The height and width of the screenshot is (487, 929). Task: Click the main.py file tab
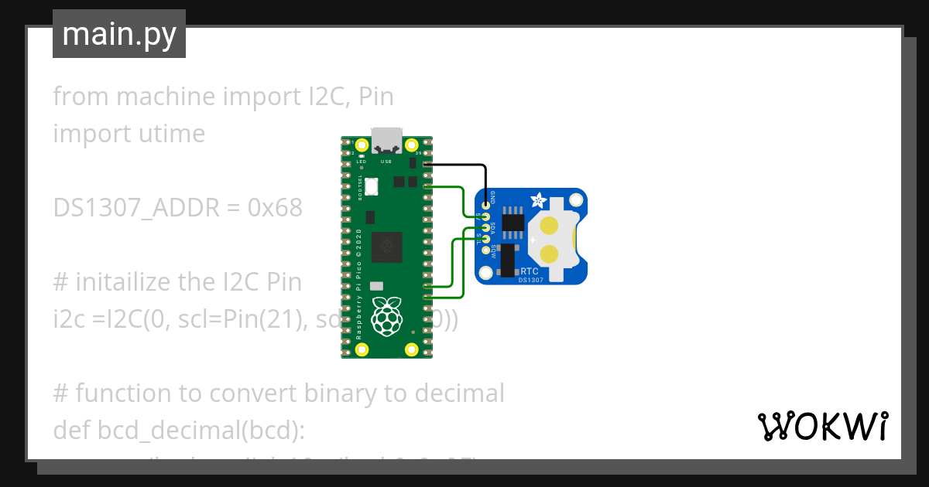(x=119, y=34)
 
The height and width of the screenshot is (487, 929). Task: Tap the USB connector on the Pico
(x=386, y=141)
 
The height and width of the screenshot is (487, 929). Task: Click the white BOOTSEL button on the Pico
(x=371, y=186)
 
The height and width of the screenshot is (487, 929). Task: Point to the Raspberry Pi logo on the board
(x=386, y=315)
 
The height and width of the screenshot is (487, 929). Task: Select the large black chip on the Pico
(x=386, y=247)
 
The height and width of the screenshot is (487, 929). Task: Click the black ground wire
(x=457, y=165)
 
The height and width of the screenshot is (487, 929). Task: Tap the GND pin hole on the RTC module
(x=486, y=205)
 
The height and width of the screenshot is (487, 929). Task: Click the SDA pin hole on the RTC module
(x=486, y=227)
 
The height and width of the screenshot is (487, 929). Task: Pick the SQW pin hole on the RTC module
(x=486, y=250)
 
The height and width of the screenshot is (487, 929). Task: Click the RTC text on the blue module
(x=530, y=271)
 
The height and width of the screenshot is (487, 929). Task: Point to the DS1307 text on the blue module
(x=532, y=281)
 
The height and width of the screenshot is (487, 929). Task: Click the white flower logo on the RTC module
(x=536, y=201)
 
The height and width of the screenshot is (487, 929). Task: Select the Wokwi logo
(x=822, y=426)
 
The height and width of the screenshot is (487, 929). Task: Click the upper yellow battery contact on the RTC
(x=549, y=226)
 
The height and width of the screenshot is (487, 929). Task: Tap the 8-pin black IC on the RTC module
(x=511, y=223)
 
